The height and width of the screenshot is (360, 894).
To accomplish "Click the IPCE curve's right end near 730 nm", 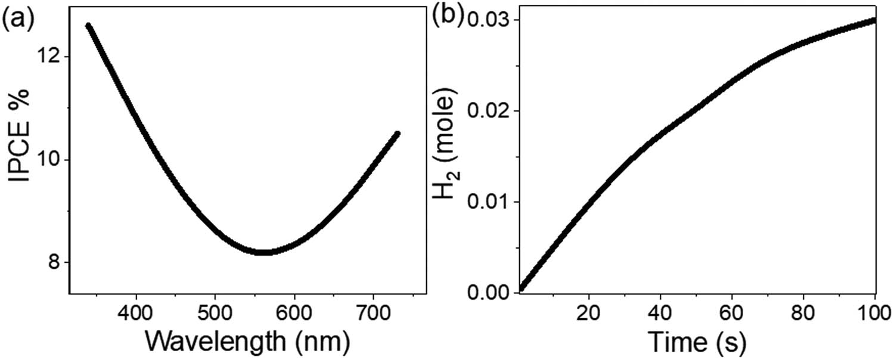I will [x=397, y=134].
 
